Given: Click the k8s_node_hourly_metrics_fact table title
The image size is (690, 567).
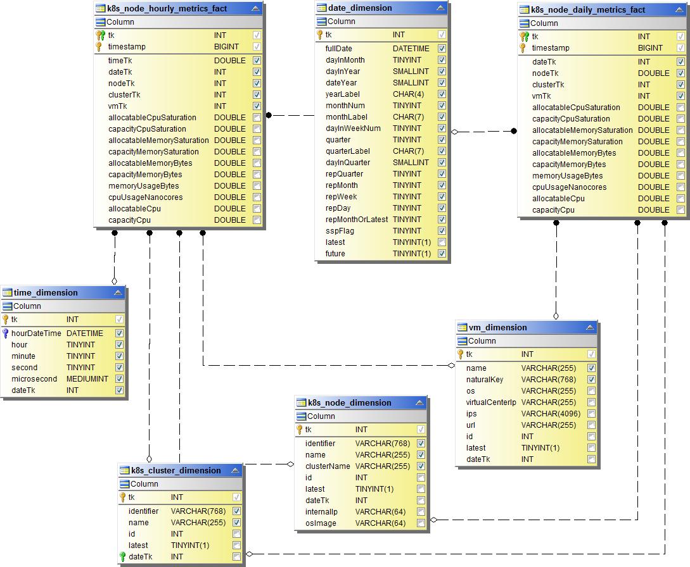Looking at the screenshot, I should [167, 9].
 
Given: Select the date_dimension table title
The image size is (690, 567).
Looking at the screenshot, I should [360, 8].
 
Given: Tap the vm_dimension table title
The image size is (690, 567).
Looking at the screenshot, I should [497, 327].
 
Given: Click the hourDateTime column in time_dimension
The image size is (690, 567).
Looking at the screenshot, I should [36, 333].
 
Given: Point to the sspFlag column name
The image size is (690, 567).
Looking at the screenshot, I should [340, 231].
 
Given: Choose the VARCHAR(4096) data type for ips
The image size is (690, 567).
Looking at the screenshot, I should [549, 414].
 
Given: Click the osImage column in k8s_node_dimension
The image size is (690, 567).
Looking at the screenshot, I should [321, 523].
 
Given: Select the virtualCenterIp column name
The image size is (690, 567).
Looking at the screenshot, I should [491, 402].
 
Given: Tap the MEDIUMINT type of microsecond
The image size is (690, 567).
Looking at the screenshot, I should [87, 379].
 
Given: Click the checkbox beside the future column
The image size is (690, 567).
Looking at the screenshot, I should [442, 254].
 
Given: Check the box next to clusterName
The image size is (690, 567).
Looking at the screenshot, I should [421, 466].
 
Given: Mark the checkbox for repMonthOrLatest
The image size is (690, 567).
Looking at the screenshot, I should [442, 220].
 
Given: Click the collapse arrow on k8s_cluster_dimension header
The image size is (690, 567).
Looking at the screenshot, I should [236, 470].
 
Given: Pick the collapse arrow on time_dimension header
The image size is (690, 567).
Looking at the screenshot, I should [118, 292].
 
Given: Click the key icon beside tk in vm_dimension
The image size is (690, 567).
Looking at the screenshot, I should [461, 354].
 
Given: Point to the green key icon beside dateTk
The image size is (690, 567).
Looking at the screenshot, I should [123, 557].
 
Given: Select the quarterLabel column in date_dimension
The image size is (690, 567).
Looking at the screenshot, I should [348, 151].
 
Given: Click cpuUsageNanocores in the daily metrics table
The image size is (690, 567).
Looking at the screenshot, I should [569, 187].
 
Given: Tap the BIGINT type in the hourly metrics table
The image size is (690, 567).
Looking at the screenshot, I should [226, 47].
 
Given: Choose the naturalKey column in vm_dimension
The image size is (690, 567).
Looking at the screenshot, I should [485, 380].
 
